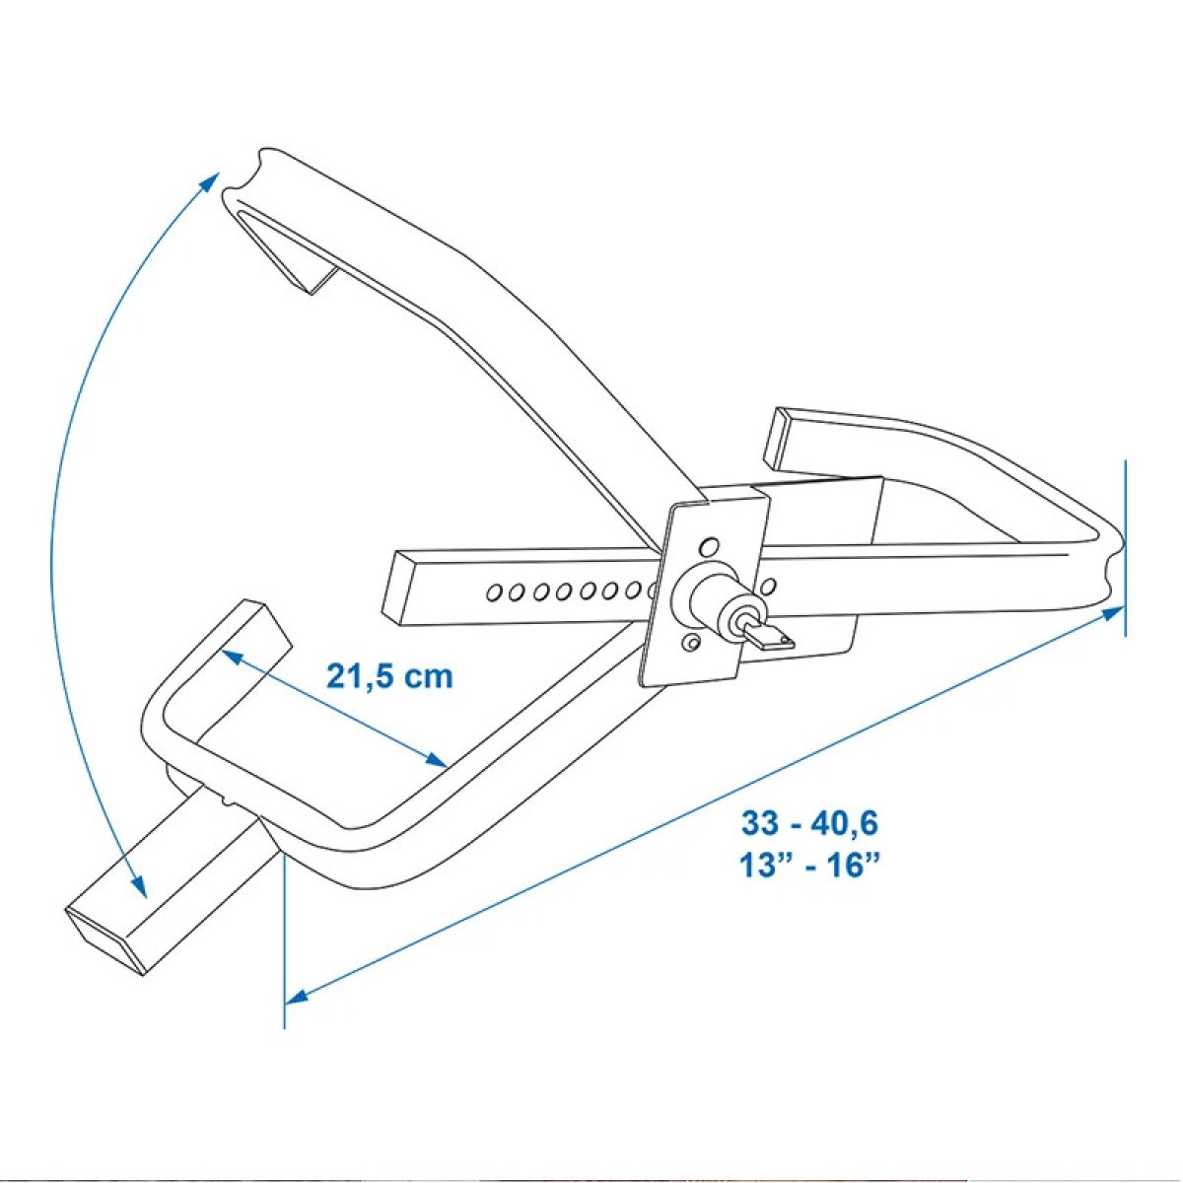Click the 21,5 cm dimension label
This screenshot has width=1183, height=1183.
coord(389,677)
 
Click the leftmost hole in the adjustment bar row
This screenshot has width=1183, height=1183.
coord(492,593)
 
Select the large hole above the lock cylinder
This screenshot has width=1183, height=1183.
coord(709,545)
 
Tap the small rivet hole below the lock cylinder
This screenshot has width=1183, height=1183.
coord(692,642)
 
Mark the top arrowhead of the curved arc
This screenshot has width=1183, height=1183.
coord(210,184)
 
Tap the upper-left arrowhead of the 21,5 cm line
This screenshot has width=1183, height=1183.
coord(232,657)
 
